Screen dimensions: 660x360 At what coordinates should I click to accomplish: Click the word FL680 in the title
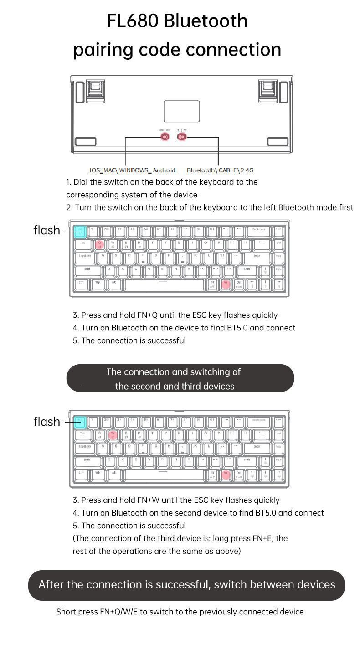click(132, 21)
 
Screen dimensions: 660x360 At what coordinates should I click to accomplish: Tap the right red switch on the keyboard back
click(182, 136)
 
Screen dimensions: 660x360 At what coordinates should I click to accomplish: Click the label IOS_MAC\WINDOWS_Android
click(132, 170)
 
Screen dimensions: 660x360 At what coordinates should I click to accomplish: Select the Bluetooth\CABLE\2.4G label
click(220, 170)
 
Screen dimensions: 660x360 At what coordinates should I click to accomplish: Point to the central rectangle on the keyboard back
click(181, 111)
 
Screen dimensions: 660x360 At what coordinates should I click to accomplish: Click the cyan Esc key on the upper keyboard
click(79, 231)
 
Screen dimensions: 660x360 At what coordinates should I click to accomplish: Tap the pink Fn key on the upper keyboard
click(225, 284)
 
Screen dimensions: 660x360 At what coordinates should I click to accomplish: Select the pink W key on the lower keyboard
click(113, 435)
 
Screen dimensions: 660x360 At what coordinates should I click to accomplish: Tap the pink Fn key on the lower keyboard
click(225, 474)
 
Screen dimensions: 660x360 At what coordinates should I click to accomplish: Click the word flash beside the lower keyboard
click(46, 422)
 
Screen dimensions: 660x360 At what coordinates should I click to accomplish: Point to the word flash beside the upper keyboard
click(46, 230)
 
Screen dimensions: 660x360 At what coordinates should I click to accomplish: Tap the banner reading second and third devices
click(180, 378)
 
